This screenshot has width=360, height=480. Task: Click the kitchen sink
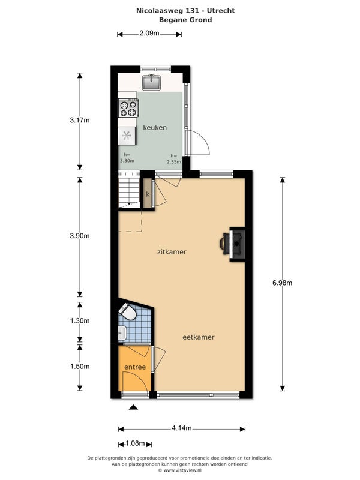151,82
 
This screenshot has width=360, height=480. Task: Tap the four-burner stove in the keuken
128,108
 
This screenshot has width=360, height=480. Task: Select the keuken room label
155,127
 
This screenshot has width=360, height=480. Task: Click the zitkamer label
172,252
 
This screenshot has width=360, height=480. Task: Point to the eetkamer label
199,337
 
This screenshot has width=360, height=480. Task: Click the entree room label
135,367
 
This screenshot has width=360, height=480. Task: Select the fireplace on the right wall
233,244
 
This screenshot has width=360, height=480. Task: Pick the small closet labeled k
148,194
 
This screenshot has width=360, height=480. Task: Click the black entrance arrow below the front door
133,407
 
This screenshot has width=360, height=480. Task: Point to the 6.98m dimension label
282,283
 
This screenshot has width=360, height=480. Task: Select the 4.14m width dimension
182,428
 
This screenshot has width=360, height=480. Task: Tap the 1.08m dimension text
135,443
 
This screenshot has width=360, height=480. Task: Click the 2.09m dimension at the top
149,33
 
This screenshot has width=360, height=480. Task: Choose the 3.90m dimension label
80,236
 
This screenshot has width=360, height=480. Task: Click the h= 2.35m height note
173,159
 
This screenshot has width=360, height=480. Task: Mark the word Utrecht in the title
221,11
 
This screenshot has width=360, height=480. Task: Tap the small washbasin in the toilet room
122,333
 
